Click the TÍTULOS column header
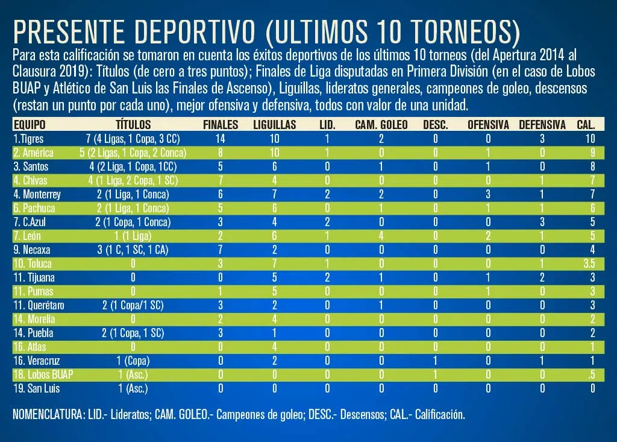coord(133,125)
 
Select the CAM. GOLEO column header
coord(381,125)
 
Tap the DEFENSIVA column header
coord(542,125)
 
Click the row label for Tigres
coord(28,139)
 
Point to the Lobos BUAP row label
coord(43,374)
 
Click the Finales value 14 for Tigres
coord(221,139)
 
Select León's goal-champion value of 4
coord(381,236)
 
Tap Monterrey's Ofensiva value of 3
coord(488,194)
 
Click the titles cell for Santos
coord(133,166)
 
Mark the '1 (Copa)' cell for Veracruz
coord(133,361)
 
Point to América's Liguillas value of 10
coord(274,153)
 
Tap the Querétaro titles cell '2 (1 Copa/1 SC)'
coord(133,305)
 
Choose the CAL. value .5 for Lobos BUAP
coord(591,374)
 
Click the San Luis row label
coord(36,388)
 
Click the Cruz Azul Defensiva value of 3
coord(542,222)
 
